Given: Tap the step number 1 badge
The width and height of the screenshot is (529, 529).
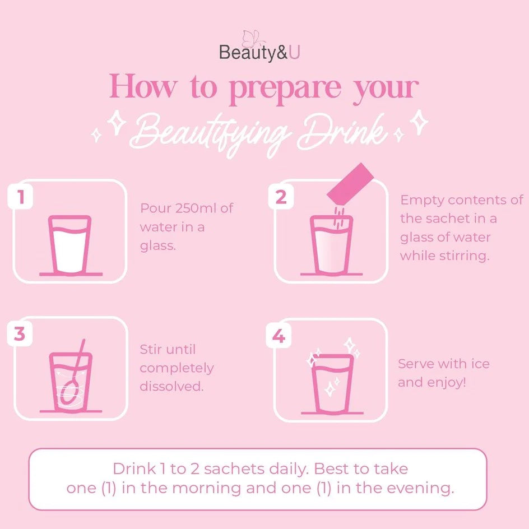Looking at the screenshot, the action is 21,197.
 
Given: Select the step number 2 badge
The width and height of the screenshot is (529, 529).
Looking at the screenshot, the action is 281,197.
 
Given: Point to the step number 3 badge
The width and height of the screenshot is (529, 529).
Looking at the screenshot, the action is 20,333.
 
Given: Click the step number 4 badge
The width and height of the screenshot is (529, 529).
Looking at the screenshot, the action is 279,336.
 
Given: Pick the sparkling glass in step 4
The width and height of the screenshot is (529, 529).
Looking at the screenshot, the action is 332,383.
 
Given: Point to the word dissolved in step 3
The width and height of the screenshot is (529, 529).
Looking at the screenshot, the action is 171,386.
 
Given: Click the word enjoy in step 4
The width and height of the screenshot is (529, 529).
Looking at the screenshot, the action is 446,383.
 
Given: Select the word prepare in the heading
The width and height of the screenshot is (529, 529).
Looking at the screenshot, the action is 285,87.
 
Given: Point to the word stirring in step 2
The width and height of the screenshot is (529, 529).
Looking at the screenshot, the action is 463,256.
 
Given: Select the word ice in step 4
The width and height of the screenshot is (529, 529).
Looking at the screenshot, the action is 480,364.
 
